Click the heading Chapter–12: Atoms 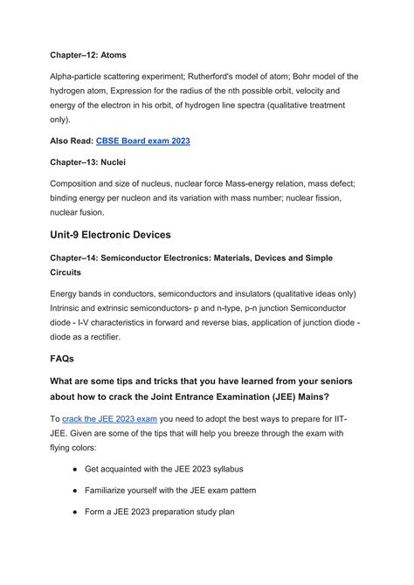click(x=88, y=54)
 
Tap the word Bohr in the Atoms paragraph click(x=287, y=77)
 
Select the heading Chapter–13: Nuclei click(x=89, y=162)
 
